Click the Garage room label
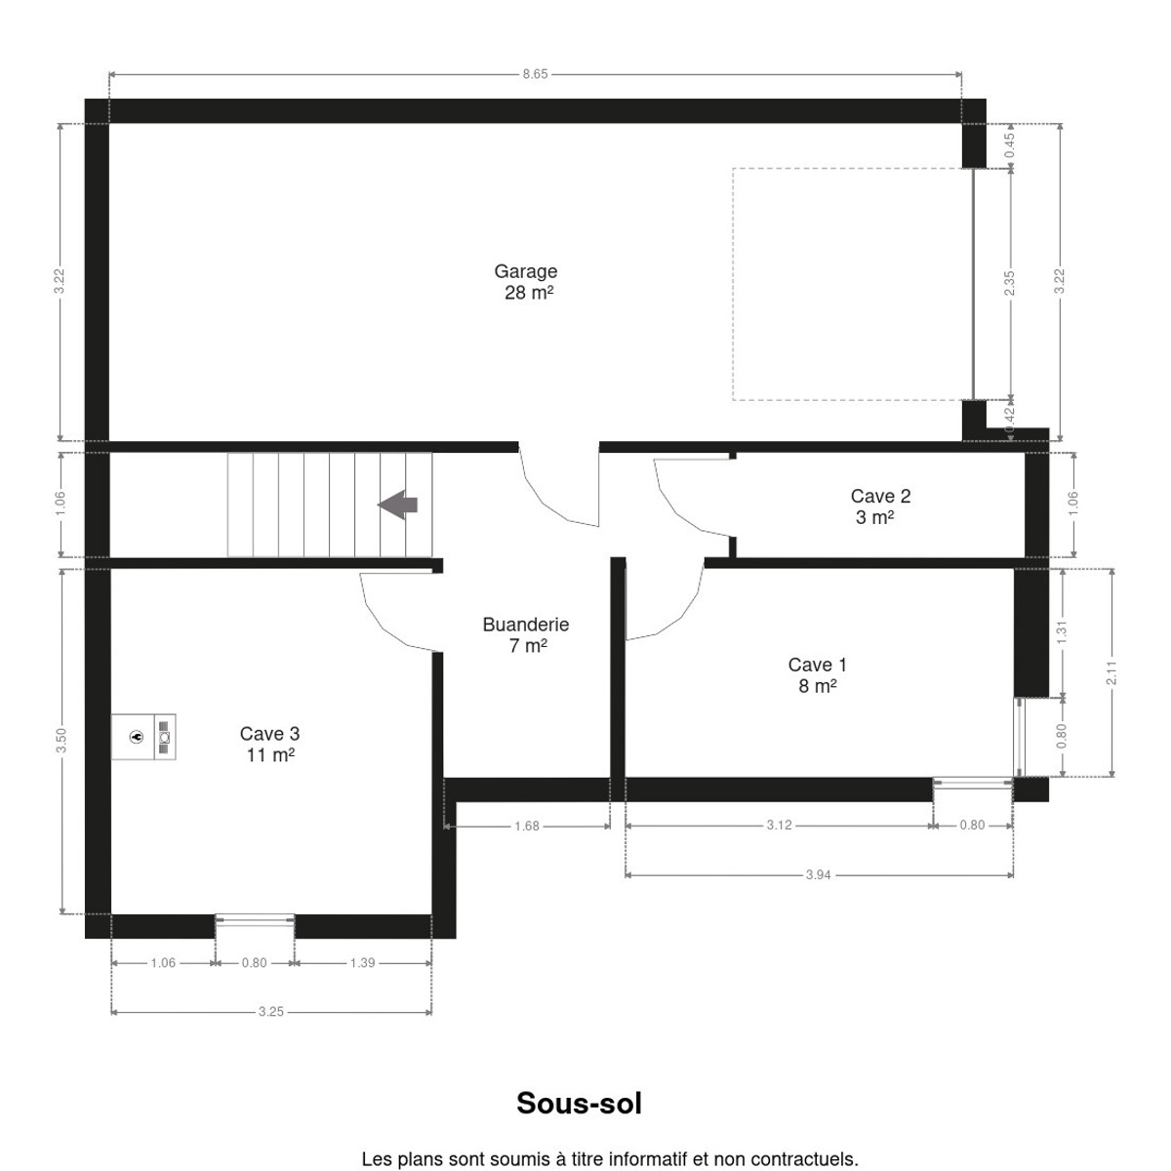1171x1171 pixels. tap(525, 281)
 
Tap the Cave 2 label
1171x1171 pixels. tap(880, 506)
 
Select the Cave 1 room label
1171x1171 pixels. tap(817, 675)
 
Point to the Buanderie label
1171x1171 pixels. tap(526, 634)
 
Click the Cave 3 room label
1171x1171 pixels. tap(269, 744)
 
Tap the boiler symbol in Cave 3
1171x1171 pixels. tap(143, 737)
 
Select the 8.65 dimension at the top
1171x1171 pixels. tap(535, 74)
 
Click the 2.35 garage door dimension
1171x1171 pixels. tap(1009, 283)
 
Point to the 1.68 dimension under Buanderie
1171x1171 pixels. tap(526, 826)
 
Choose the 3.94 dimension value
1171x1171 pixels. tap(818, 874)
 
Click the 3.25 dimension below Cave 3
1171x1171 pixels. tap(271, 1011)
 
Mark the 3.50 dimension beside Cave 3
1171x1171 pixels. tap(61, 740)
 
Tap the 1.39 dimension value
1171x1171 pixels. tap(362, 962)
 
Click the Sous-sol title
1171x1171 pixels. tap(579, 1103)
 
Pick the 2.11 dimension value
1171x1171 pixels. tap(1111, 672)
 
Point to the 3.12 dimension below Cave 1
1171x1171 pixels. tap(779, 825)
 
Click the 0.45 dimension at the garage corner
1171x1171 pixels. tap(1009, 145)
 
